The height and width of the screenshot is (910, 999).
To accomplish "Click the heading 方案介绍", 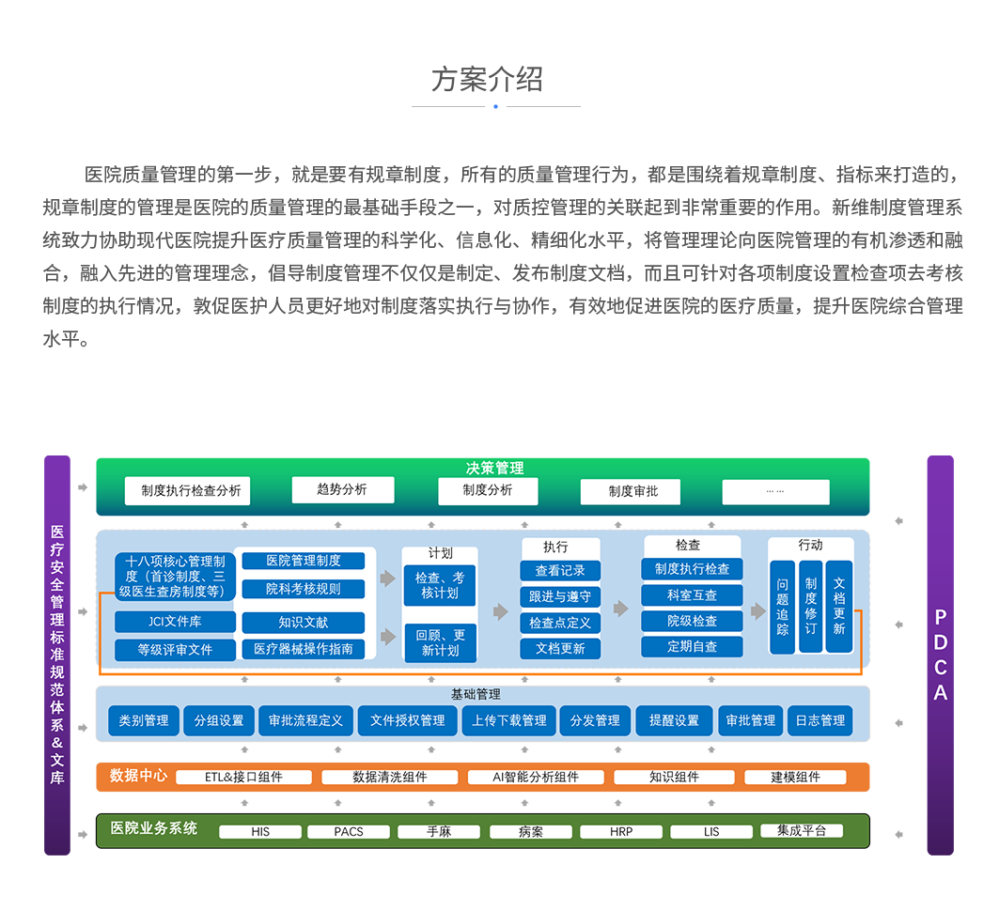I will point(487,79).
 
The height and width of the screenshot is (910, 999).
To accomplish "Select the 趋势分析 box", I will point(342,489).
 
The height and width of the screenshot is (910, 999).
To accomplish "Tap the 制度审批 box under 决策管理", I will point(632,491).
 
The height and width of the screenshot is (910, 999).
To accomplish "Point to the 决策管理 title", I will point(494,468).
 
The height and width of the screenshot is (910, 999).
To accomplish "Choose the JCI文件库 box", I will point(175,622).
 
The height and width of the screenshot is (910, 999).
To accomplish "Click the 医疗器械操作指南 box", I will point(303,649).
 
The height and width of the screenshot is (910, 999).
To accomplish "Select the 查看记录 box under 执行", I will point(560,571).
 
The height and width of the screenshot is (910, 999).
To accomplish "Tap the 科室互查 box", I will point(692,595).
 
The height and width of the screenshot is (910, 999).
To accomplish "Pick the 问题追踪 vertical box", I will point(783,607).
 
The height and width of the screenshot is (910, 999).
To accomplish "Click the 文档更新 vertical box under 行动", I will point(839,607).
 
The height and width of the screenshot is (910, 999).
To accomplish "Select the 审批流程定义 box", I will point(305,720).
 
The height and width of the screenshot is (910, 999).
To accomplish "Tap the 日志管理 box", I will point(819,720).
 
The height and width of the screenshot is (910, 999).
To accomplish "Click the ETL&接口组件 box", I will point(243,778).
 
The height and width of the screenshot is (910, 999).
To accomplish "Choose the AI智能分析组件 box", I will point(536,778).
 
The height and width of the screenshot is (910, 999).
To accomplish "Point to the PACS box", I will point(348,832).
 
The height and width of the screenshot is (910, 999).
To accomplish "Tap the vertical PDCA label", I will point(940,655).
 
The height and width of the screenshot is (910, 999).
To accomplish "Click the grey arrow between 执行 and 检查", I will point(620,609).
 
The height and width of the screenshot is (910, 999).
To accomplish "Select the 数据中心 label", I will point(138,776).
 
